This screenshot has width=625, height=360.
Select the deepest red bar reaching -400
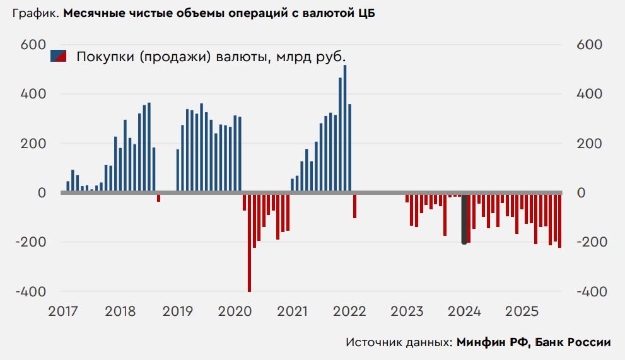pyautogui.click(x=250, y=242)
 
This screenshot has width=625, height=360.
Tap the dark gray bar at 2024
pyautogui.click(x=465, y=218)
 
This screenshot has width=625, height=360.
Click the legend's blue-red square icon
pyautogui.click(x=59, y=56)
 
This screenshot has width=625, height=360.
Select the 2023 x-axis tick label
pyautogui.click(x=407, y=311)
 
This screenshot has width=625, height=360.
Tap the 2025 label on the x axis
pyautogui.click(x=522, y=311)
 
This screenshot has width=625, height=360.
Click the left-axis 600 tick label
pyautogui.click(x=35, y=45)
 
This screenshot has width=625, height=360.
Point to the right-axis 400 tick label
pyautogui.click(x=590, y=94)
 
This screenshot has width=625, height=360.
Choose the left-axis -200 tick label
pyautogui.click(x=32, y=242)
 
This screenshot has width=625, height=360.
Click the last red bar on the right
pyautogui.click(x=559, y=220)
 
